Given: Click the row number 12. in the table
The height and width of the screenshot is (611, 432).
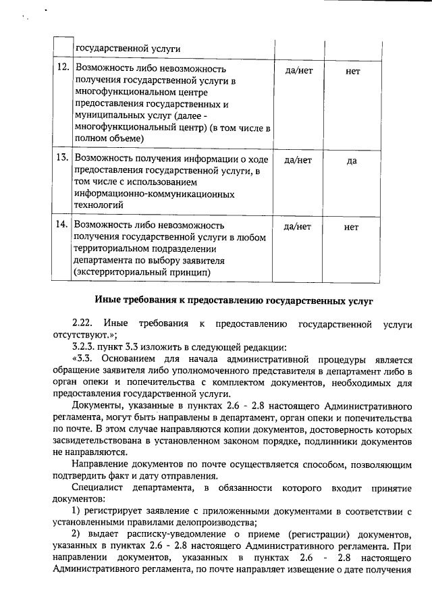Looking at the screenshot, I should [62, 69].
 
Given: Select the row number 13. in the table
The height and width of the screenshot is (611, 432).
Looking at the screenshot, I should [62, 160].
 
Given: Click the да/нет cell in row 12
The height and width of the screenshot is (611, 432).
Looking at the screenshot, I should [298, 70].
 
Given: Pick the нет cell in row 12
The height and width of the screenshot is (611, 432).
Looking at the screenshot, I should [352, 70].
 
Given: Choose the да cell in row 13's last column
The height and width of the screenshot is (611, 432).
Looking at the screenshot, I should [352, 161].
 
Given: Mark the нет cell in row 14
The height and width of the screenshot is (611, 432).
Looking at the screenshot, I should [352, 227].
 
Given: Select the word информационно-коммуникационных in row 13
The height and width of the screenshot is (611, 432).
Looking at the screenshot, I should [155, 194].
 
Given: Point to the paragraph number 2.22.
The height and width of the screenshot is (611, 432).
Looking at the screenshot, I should [82, 323].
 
